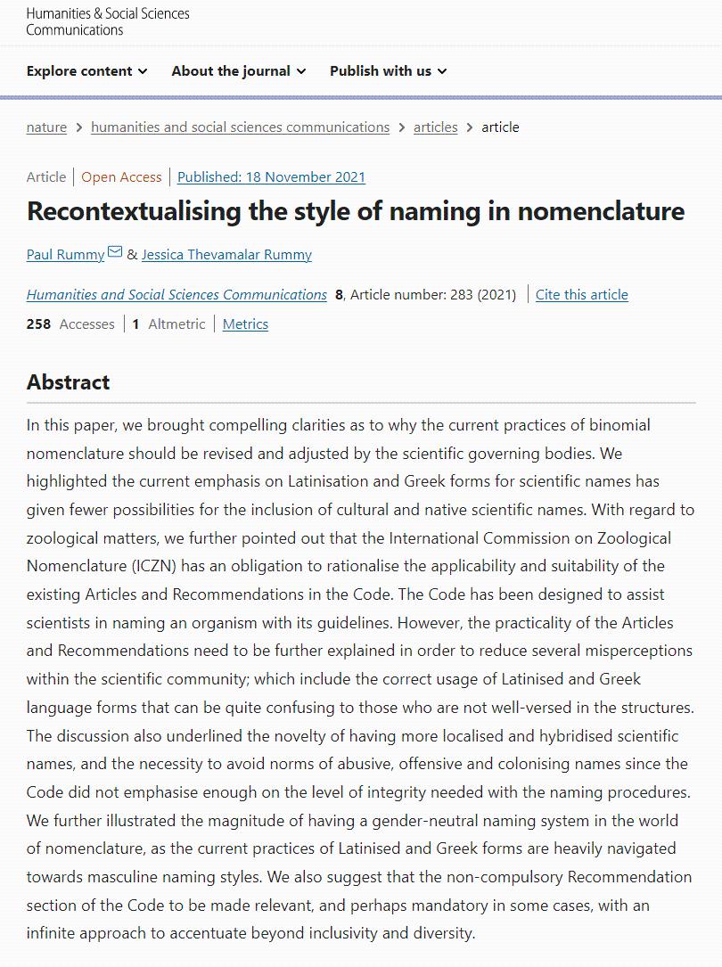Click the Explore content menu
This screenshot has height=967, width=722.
coord(86,71)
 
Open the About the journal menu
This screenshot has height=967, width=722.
coord(238,71)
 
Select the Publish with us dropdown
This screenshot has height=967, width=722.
coord(388,71)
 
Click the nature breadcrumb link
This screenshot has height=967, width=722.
coord(46,127)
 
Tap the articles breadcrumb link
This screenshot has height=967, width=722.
coord(435,127)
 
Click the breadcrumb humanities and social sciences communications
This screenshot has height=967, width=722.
coord(240,127)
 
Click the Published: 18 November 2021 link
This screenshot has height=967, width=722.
coord(271,177)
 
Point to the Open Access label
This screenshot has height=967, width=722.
coord(121,177)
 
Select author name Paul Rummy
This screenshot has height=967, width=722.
coord(65,255)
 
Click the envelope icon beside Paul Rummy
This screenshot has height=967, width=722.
coord(115,253)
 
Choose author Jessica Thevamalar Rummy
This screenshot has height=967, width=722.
coord(226,255)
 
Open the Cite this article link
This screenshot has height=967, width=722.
coord(581,295)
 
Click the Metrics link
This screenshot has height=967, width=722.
coord(245,324)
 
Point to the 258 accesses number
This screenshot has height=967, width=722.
coord(38,324)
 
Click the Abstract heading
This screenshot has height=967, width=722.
coord(68,382)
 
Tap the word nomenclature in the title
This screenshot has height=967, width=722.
coord(601,211)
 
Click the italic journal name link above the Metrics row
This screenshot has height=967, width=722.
coord(176,295)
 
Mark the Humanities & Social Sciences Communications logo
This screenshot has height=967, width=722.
coord(108,21)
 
